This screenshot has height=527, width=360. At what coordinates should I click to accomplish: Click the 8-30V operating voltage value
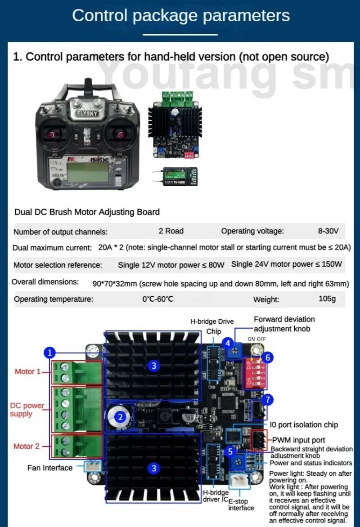(x=328, y=231)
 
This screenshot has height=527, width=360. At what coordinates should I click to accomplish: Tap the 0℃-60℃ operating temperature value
(x=157, y=299)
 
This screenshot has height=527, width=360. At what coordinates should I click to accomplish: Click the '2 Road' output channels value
(x=171, y=231)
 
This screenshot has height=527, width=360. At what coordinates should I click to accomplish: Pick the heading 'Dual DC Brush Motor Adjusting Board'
(x=87, y=212)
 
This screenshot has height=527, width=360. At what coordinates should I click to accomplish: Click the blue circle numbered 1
(x=50, y=353)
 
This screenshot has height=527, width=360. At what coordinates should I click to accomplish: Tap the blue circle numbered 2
(x=120, y=417)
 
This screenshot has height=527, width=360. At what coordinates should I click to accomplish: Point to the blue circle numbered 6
(x=268, y=357)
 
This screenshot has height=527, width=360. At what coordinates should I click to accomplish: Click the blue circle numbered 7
(x=268, y=399)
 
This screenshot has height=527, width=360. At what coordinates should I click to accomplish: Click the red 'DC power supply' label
(x=27, y=410)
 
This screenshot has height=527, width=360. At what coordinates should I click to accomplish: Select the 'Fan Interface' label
(x=49, y=468)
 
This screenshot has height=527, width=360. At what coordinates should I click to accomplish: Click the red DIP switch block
(x=254, y=372)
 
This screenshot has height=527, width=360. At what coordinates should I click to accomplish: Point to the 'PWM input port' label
(x=298, y=440)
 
